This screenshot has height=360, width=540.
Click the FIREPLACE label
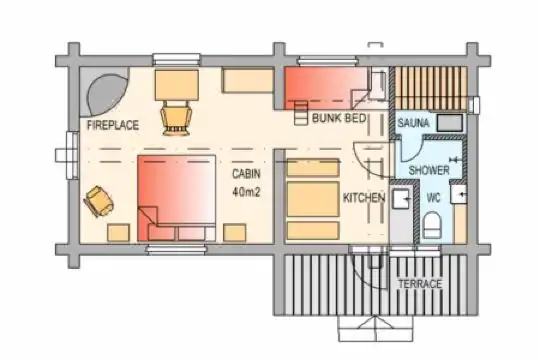(113, 125)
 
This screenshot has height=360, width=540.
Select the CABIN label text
(246, 174)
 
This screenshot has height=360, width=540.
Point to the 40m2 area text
(246, 192)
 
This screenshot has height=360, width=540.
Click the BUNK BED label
(339, 118)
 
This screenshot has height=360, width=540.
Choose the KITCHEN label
(364, 198)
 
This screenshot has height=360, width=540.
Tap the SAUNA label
(414, 123)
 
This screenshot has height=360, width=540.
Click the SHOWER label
(429, 170)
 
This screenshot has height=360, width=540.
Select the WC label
(434, 198)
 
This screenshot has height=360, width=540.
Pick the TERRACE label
(420, 284)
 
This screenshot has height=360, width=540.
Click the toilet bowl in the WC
(432, 225)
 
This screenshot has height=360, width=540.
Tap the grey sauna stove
(450, 123)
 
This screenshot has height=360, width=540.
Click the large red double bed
(177, 198)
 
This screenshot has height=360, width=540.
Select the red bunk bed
(325, 88)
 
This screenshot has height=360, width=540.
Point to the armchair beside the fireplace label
(176, 118)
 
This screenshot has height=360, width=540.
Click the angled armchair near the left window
(98, 201)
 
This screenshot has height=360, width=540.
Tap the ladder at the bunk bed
(301, 113)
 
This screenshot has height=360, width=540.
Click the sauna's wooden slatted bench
(430, 88)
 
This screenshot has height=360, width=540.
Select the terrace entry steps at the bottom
(375, 329)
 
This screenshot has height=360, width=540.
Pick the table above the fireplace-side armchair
(177, 85)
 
